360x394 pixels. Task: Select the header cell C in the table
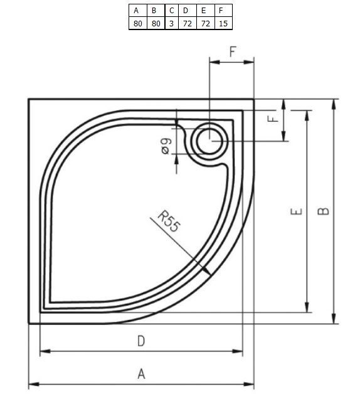pos(172,11)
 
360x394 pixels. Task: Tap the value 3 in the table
pos(172,24)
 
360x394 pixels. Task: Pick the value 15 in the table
pos(223,24)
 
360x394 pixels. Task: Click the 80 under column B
pos(156,24)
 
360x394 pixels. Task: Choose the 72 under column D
pos(188,24)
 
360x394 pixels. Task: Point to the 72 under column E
pos(206,24)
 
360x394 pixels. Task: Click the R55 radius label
pos(169,221)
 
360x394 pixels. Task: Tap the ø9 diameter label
pos(166,146)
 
